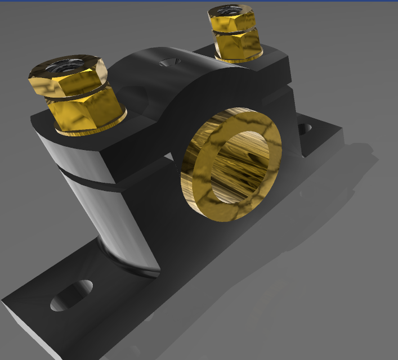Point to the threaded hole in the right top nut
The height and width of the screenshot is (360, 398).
point(229,10)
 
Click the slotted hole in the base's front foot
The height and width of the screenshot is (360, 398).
point(71,295)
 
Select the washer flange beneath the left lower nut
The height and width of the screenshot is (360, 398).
point(93,128)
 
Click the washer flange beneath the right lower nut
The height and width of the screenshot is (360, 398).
point(239,57)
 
